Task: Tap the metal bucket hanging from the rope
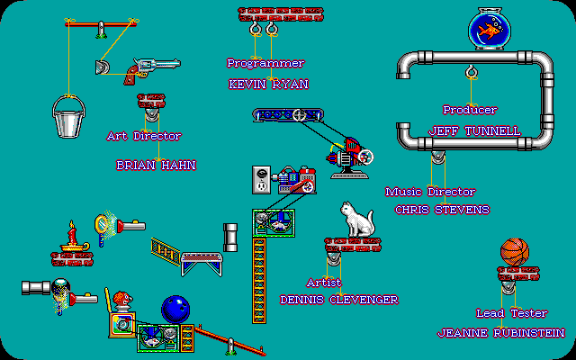68,117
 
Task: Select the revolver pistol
151,70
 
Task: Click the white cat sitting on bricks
356,220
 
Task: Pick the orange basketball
515,252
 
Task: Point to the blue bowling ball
175,310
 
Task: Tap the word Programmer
265,63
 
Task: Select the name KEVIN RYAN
268,85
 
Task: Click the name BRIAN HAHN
156,166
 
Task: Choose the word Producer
470,110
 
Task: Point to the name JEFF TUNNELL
474,130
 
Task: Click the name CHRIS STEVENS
442,210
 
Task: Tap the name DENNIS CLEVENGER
339,300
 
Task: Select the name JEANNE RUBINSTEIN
501,333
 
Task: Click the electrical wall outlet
261,180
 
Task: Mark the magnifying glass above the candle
102,225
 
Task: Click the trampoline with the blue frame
202,264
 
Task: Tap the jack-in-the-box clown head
122,299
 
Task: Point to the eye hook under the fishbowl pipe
471,72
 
